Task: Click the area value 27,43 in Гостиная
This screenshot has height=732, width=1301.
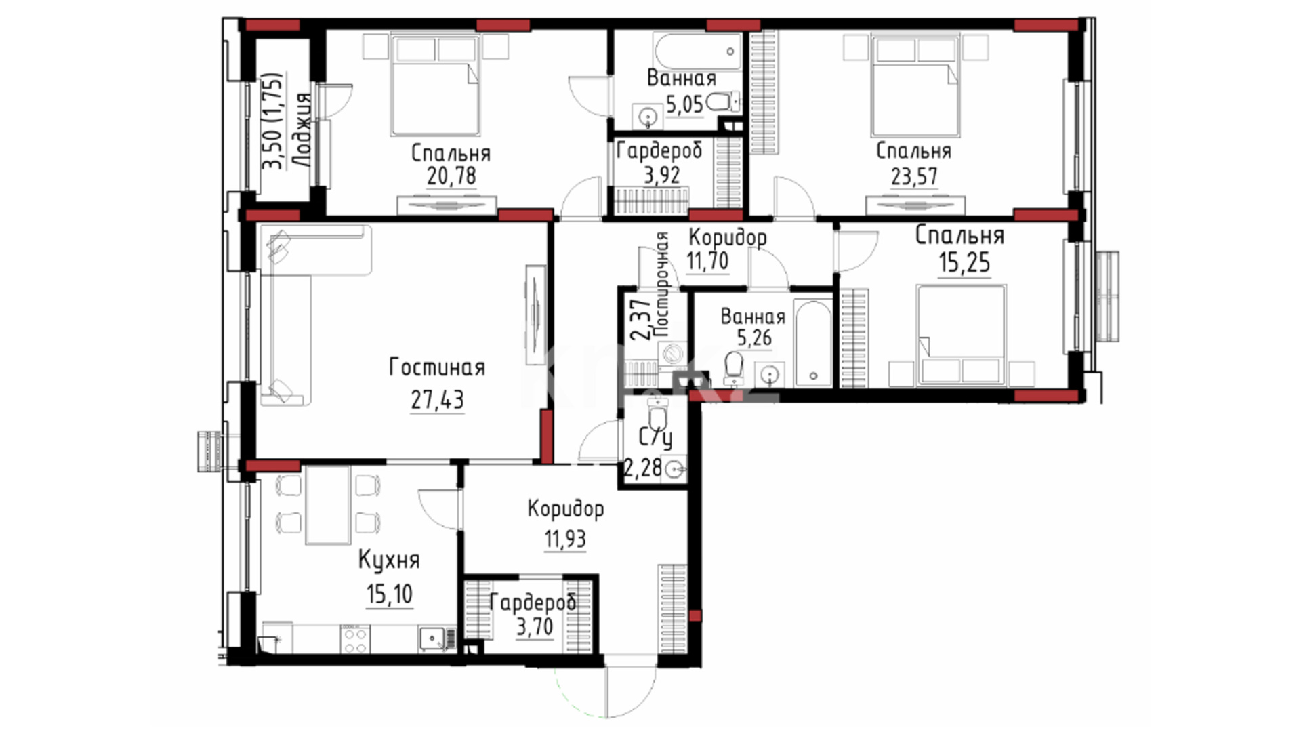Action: [x=437, y=400]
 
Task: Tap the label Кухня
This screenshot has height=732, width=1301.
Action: [x=388, y=561]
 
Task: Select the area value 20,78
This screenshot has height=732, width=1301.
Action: [x=451, y=176]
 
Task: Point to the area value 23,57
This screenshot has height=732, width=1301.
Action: [x=914, y=176]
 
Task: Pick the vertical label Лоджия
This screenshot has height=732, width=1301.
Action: [x=302, y=129]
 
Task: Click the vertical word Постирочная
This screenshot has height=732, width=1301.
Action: [x=662, y=285]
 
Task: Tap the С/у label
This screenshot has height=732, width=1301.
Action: [x=655, y=439]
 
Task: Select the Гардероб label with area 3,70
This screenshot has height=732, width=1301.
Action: [x=533, y=603]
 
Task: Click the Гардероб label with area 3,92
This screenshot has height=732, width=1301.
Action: [x=659, y=151]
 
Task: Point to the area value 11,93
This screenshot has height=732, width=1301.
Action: [x=565, y=540]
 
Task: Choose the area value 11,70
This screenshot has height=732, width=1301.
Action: [x=707, y=261]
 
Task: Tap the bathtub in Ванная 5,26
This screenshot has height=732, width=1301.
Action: [x=812, y=343]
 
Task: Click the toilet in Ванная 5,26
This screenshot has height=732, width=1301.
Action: [x=733, y=368]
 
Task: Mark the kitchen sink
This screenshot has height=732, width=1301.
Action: [x=431, y=638]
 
